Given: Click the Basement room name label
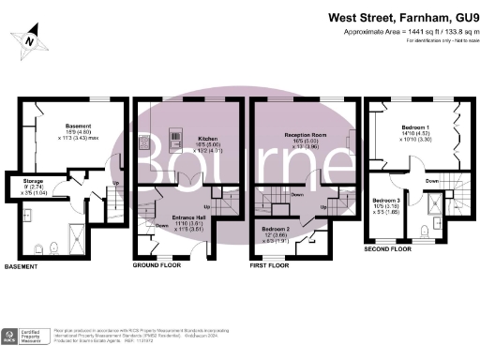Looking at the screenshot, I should coord(77,126).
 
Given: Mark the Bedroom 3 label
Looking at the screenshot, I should coord(385,201).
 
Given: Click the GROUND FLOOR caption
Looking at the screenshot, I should coord(157,266).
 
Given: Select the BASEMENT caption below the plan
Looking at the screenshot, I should coord(22,267).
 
